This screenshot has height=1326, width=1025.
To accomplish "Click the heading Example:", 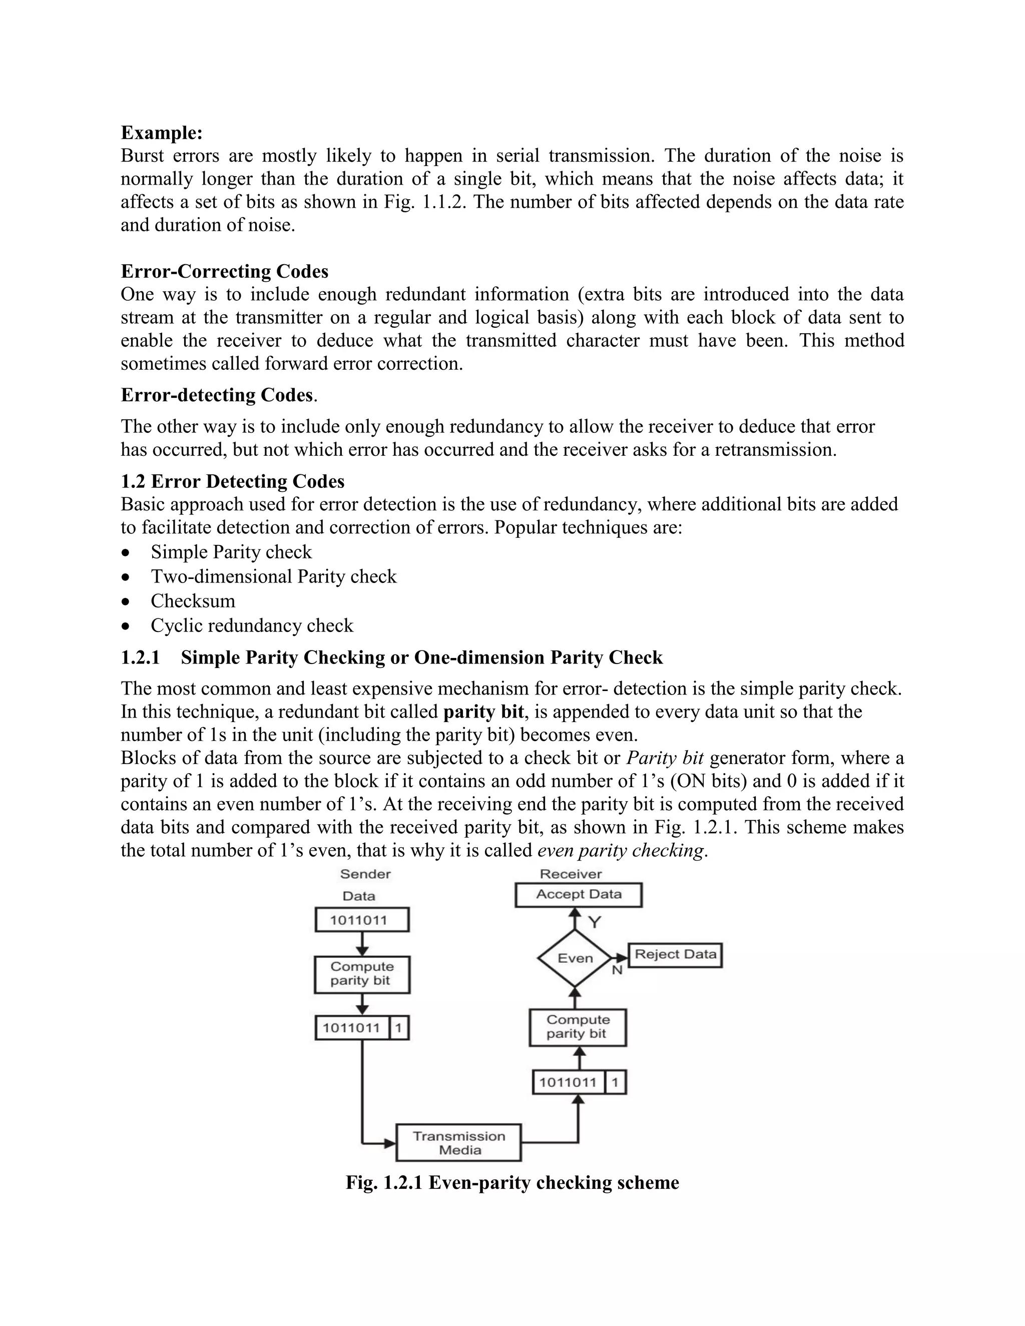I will [x=162, y=133].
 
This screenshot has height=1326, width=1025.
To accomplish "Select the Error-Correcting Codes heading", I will [x=224, y=271].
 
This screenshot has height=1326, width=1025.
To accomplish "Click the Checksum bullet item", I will [x=193, y=600].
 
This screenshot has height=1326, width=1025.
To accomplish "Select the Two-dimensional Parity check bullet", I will [x=273, y=576].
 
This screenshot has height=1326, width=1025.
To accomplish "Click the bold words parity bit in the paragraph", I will [x=483, y=712].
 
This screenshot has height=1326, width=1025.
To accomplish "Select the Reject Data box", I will [x=675, y=954].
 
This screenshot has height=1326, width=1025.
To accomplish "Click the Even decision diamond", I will [x=575, y=958].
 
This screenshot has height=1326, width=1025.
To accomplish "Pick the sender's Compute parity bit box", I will [x=362, y=973].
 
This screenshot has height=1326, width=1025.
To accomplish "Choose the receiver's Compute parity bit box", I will [x=577, y=1027].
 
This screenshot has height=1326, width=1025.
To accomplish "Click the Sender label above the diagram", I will [x=365, y=874].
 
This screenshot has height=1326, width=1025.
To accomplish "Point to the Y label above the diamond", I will [x=595, y=923].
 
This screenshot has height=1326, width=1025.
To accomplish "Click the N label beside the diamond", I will [x=617, y=970].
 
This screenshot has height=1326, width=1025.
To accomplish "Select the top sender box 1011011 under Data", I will [x=361, y=920].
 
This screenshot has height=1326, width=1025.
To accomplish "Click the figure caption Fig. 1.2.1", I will [x=512, y=1183].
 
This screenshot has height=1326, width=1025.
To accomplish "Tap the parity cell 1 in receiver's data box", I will [x=615, y=1082].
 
